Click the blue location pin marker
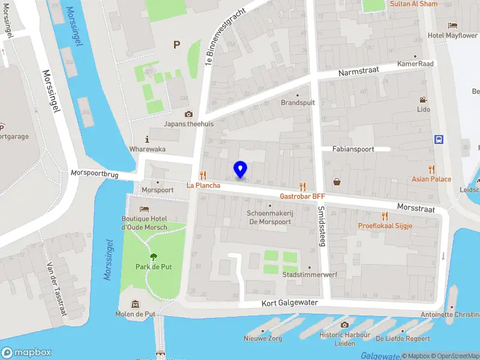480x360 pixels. point(241,169)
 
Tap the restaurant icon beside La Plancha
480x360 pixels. point(203,175)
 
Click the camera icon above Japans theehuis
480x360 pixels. point(189,114)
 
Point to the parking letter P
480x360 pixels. point(176,44)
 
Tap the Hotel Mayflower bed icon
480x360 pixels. point(453,25)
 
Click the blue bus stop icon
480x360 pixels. point(439,139)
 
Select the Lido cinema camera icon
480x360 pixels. point(424,100)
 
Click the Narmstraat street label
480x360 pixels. point(359,71)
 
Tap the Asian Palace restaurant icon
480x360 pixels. point(431,169)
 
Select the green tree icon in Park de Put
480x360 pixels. point(153,257)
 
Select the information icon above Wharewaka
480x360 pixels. point(148,139)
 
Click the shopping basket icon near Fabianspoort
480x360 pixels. point(337,182)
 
